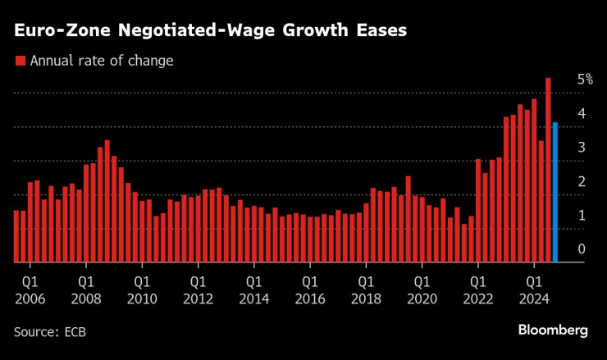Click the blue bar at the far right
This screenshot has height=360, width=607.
coord(555,193)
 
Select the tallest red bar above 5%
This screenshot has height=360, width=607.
coord(548,171)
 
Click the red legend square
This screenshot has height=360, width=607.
coord(20,61)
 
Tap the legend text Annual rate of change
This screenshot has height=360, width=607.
coord(101,61)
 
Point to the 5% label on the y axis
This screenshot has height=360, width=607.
coord(584,80)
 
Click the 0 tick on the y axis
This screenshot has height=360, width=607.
coord(581,249)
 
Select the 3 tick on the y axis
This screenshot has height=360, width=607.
coord(581,148)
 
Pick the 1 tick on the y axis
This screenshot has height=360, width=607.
coord(581,216)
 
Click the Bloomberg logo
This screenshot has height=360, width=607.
coord(552,330)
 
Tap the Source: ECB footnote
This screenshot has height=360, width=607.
coord(49,331)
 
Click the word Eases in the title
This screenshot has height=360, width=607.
coord(380,30)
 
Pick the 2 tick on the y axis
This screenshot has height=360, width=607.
coord(581,181)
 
